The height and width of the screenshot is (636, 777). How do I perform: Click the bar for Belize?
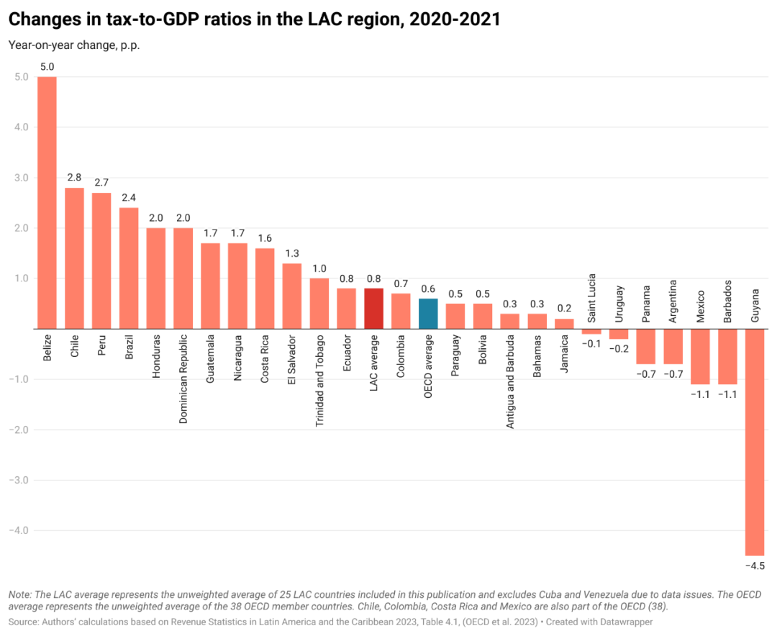(x=47, y=202)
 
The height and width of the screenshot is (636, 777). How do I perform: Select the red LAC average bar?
(x=374, y=309)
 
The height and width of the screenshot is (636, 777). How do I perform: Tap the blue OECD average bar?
(x=428, y=314)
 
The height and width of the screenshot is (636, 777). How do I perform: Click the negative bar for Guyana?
(x=755, y=442)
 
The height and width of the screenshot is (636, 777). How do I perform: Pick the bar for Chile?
(x=74, y=258)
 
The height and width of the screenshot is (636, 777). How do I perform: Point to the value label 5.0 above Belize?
(x=47, y=67)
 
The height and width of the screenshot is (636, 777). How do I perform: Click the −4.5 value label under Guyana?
(x=755, y=566)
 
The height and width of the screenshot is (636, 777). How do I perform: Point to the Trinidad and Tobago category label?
(x=319, y=381)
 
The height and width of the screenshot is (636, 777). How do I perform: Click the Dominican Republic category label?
(x=183, y=378)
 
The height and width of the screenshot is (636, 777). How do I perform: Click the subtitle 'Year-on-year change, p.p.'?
(x=74, y=45)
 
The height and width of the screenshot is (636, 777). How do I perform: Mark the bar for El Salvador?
(x=292, y=296)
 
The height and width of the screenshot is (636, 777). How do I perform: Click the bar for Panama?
(x=646, y=346)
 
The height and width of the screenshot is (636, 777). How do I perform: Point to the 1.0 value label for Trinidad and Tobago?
(x=319, y=268)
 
